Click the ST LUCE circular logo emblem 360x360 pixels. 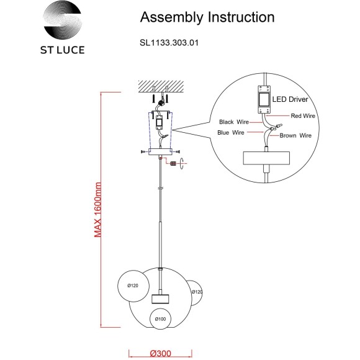(62, 20)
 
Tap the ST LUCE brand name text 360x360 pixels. (63, 50)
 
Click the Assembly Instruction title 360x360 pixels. (207, 17)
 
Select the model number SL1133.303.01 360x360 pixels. (169, 43)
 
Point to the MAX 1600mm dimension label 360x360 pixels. (98, 210)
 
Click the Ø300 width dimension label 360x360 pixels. (161, 354)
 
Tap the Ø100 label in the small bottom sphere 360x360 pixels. (160, 319)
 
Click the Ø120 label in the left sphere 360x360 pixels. (133, 286)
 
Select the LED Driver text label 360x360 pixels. (290, 99)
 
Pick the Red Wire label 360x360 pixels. (303, 116)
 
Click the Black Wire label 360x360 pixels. (234, 122)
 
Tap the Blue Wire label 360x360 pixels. (231, 132)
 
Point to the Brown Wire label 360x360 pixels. (295, 135)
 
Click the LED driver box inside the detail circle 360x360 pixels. (264, 100)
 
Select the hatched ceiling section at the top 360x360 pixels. (161, 86)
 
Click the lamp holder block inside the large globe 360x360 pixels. (160, 299)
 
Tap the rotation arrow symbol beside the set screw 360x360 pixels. (182, 163)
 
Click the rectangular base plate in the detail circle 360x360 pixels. (266, 158)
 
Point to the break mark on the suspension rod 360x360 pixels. (161, 188)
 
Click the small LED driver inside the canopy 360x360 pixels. (159, 122)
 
